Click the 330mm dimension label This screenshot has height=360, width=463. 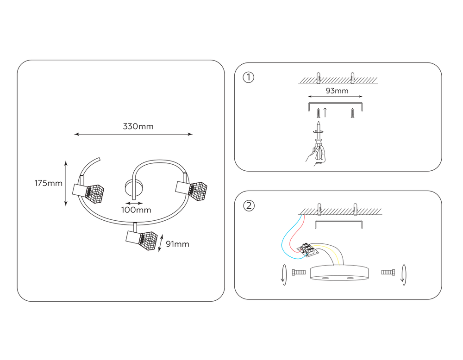click(138, 126)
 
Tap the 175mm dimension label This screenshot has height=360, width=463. click(48, 183)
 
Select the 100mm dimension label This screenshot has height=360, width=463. click(136, 210)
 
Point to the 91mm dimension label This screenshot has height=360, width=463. click(177, 244)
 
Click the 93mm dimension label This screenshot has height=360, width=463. click(337, 91)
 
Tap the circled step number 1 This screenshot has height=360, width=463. click(249, 77)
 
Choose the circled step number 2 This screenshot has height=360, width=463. click(249, 206)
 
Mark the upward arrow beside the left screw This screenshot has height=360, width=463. click(325, 112)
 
